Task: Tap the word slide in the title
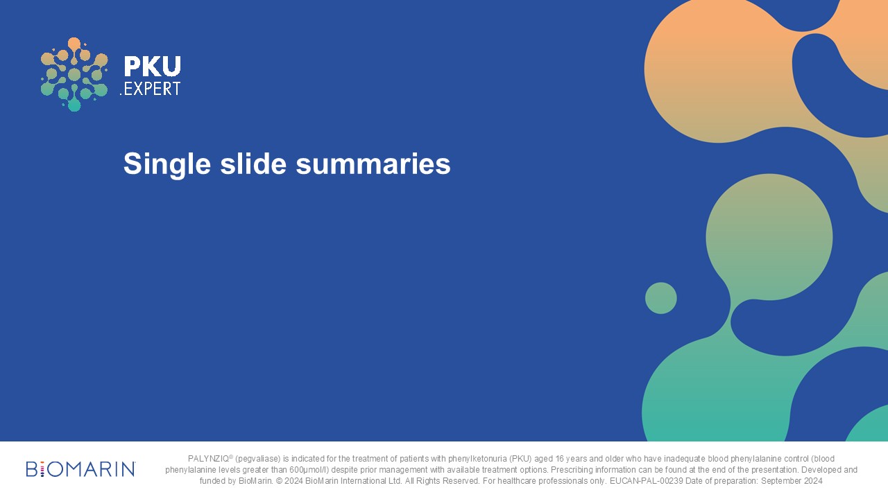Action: (253, 163)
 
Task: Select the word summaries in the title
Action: (373, 164)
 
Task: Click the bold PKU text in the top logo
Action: (152, 66)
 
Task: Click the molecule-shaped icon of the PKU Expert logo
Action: (74, 74)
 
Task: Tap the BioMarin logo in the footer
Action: (80, 469)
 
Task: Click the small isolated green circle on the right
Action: (661, 298)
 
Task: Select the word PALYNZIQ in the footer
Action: (209, 459)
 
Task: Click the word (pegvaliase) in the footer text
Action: (257, 459)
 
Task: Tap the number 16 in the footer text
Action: (559, 459)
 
